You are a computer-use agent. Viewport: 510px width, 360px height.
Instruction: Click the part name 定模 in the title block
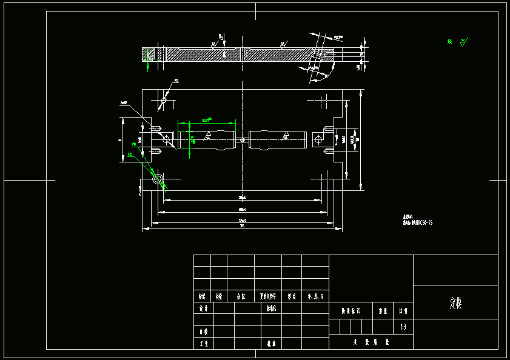coord(455,303)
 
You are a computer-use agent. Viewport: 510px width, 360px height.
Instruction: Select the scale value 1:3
coord(403,327)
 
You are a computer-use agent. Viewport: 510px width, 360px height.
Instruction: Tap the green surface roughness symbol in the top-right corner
coord(463,42)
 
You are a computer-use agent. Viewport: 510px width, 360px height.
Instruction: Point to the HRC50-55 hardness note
coord(418,222)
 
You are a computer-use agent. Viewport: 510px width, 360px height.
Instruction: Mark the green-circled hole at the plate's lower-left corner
coord(158,179)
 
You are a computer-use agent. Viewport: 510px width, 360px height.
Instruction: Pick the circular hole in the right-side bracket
coord(318,140)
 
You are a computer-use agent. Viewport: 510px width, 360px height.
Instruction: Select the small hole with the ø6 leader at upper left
coord(163,100)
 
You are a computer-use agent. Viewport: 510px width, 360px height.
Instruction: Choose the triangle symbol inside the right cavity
coord(284,135)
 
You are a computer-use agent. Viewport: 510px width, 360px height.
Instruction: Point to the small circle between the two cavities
coord(242,140)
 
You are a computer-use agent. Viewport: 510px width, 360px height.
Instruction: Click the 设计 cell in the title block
coord(203,308)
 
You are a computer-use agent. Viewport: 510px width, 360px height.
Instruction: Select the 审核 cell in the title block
coord(203,332)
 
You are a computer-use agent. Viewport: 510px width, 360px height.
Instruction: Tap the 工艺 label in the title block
coord(203,344)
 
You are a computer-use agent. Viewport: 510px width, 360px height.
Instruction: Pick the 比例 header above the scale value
coord(403,310)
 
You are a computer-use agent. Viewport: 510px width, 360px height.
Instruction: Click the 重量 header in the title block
coord(383,310)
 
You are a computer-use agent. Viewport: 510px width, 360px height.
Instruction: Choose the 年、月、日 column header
coord(315,297)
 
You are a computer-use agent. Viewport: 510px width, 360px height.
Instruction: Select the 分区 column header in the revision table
coord(240,297)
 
